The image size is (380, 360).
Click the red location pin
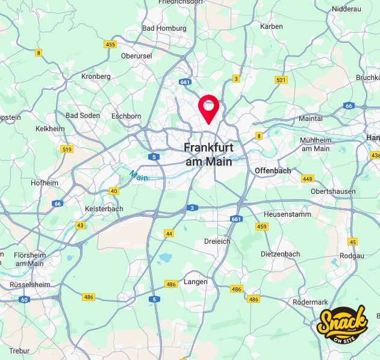[x=208, y=108]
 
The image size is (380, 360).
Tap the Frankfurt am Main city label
[x=208, y=154]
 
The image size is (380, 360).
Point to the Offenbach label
[x=273, y=171]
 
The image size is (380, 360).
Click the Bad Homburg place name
[x=164, y=28]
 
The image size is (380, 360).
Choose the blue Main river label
[x=138, y=176]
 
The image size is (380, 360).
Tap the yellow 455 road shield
[x=110, y=45]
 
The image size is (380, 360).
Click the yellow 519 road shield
[x=67, y=149]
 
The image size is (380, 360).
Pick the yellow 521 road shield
[x=281, y=80]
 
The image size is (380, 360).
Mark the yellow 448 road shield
[x=308, y=179]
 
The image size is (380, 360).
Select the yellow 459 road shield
[x=261, y=226]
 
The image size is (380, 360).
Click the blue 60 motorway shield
[x=24, y=299]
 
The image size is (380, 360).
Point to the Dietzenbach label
[x=280, y=254]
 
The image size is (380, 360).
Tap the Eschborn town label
[x=126, y=116]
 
